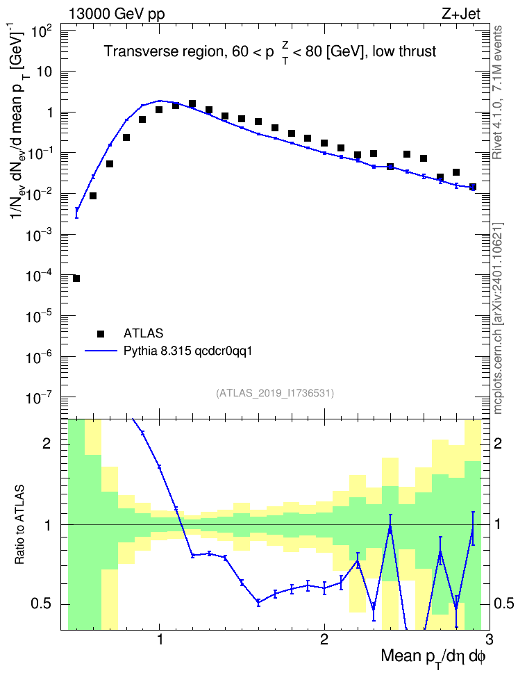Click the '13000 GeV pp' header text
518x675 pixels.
click(116, 15)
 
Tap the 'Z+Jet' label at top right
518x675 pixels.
click(461, 14)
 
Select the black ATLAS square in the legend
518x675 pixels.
click(101, 333)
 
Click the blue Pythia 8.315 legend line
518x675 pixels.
click(101, 351)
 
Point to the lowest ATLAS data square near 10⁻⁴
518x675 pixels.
click(76, 278)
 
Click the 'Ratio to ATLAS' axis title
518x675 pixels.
click(19, 525)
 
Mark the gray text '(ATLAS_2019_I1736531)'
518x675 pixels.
click(275, 393)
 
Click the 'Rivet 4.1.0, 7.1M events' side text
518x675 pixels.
click(497, 92)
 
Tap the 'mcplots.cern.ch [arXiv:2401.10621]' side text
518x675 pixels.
click(498, 318)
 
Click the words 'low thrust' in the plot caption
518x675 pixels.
click(404, 51)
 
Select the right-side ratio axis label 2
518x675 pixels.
click(498, 443)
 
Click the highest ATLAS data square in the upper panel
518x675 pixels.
click(192, 103)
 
